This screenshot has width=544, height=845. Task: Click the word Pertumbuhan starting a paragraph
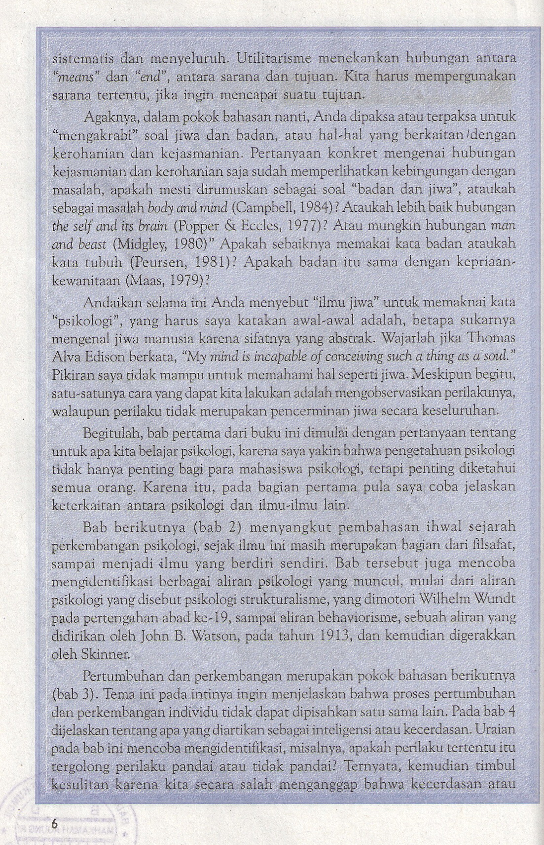pyautogui.click(x=119, y=675)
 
